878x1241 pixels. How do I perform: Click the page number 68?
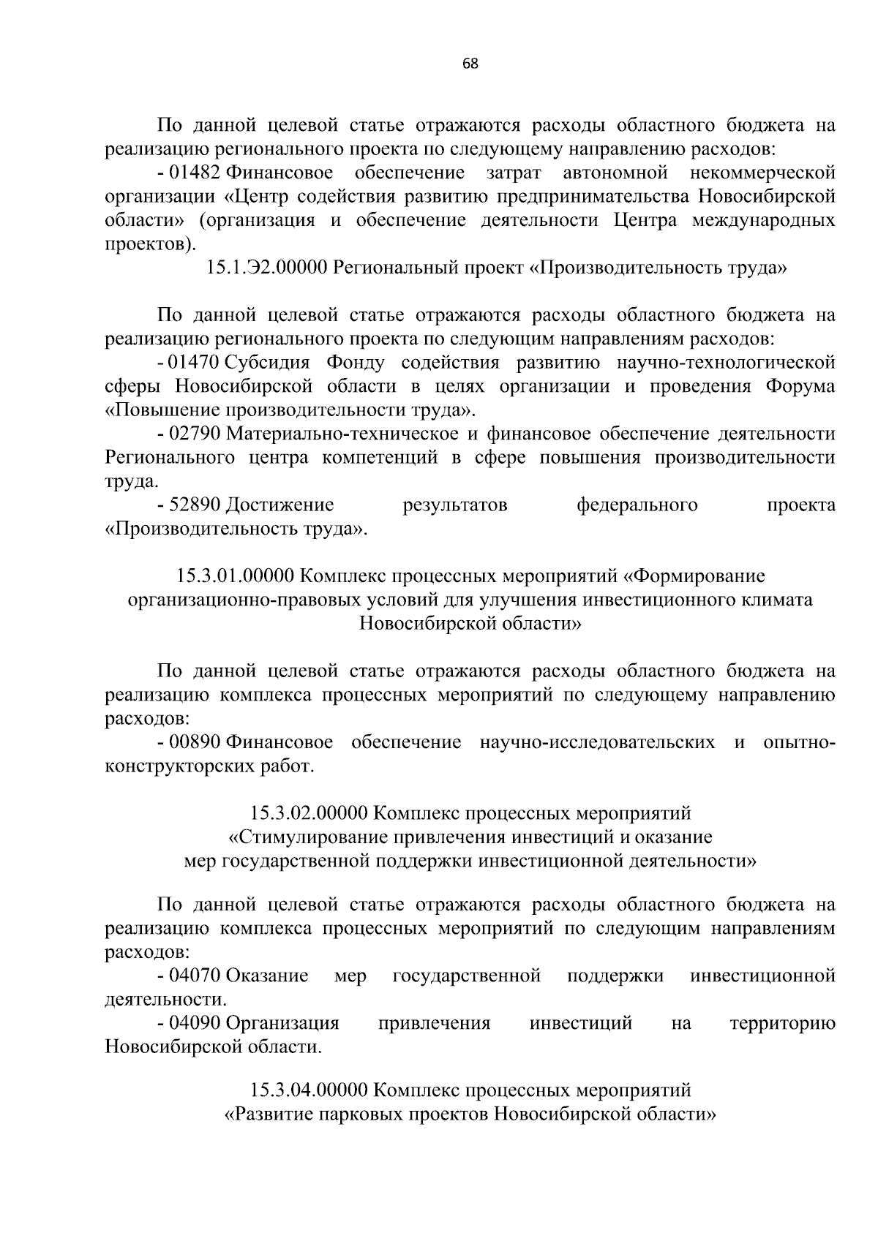click(x=470, y=64)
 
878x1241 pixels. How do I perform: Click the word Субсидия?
click(x=269, y=363)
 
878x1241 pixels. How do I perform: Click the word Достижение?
click(x=280, y=505)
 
